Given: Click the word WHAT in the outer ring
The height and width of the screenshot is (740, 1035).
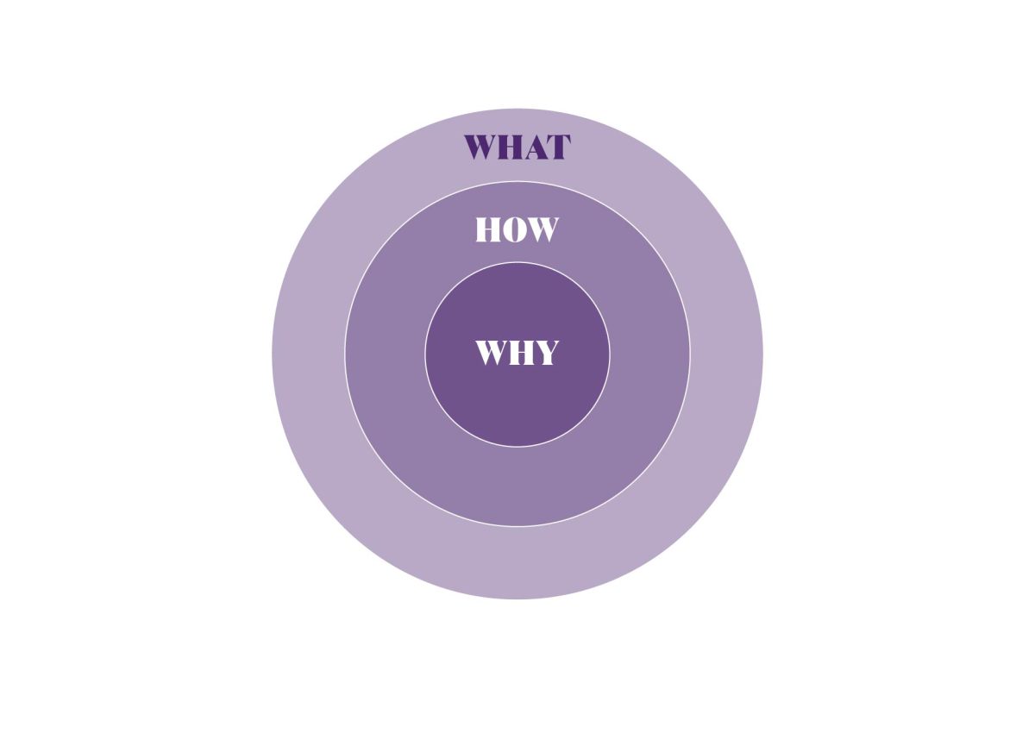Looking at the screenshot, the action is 517,147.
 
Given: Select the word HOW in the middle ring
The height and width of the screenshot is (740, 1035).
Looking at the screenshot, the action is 517,229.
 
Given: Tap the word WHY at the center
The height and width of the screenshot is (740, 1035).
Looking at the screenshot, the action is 517,353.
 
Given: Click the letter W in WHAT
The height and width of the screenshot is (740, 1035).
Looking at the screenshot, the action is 482,147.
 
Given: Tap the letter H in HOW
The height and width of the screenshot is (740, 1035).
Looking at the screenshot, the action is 488,229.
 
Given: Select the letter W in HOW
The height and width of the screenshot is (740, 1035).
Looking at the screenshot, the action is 542,229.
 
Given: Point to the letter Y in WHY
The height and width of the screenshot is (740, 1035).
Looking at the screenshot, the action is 546,353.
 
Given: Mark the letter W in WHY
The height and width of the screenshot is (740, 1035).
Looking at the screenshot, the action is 493,353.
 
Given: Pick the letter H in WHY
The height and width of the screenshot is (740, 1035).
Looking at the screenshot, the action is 522,353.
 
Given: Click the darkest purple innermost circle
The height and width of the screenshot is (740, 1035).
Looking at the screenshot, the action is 517,406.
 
